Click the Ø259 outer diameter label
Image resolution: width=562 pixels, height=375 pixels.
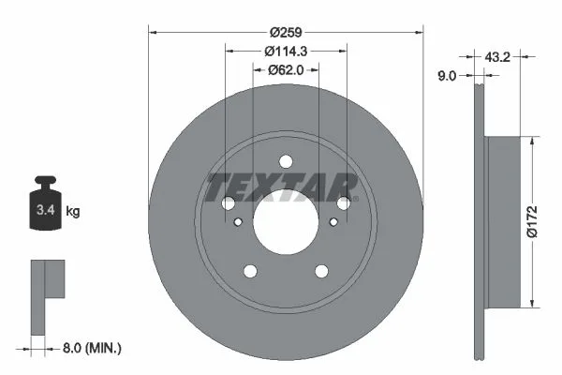pyautogui.click(x=286, y=32)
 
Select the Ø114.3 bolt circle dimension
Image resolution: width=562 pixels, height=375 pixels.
pyautogui.click(x=286, y=52)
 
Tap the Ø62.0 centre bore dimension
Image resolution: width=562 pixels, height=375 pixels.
pyautogui.click(x=286, y=70)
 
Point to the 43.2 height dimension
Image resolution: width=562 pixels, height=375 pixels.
pyautogui.click(x=497, y=56)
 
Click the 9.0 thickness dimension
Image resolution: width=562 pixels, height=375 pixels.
pyautogui.click(x=447, y=76)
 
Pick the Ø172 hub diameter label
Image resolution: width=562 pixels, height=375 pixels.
pyautogui.click(x=532, y=222)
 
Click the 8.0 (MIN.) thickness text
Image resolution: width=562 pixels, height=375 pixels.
pyautogui.click(x=92, y=348)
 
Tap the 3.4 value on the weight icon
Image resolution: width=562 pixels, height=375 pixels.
pyautogui.click(x=46, y=210)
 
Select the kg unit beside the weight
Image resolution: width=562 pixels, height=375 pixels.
pyautogui.click(x=73, y=211)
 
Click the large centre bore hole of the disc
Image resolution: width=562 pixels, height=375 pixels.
pyautogui.click(x=286, y=222)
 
